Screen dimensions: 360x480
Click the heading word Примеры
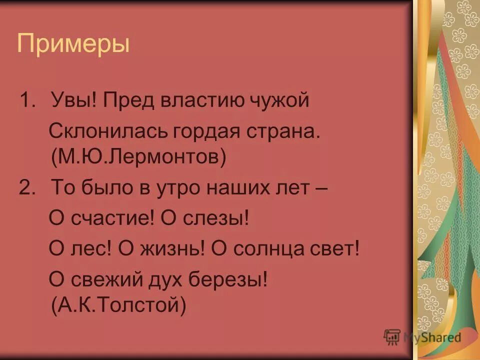pos(73,43)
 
